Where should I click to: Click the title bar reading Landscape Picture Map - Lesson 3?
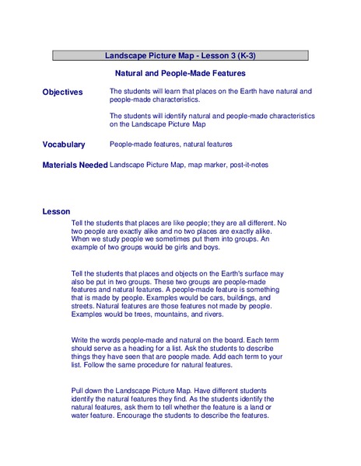pos(180,55)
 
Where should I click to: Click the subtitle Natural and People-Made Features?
pos(180,73)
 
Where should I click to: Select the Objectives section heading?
pos(62,92)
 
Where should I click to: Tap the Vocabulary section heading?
pos(64,144)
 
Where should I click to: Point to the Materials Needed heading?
pos(75,165)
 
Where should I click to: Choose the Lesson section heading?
pos(56,211)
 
